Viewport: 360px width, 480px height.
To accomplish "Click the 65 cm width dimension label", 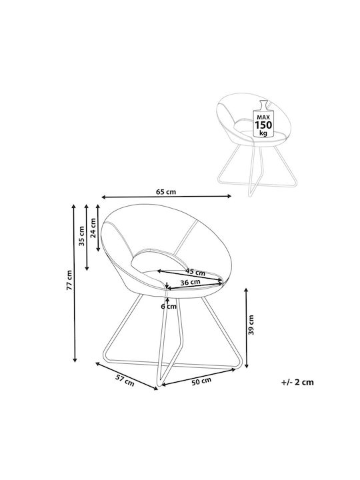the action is pyautogui.click(x=166, y=192).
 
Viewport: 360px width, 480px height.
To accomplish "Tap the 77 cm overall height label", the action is pyautogui.click(x=69, y=280).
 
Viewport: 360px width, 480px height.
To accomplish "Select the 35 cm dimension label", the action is pyautogui.click(x=81, y=236).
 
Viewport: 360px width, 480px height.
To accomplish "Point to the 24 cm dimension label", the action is pyautogui.click(x=93, y=227).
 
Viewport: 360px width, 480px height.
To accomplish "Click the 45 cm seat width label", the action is pyautogui.click(x=195, y=271).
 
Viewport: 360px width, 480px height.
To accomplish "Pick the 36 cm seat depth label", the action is pyautogui.click(x=190, y=282).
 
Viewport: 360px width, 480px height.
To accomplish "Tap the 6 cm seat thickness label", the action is pyautogui.click(x=169, y=306).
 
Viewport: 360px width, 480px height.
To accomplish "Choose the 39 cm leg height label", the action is pyautogui.click(x=251, y=324).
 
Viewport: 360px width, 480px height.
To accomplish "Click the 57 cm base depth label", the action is pyautogui.click(x=125, y=380).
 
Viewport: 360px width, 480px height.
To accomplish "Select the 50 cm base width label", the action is pyautogui.click(x=201, y=381).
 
